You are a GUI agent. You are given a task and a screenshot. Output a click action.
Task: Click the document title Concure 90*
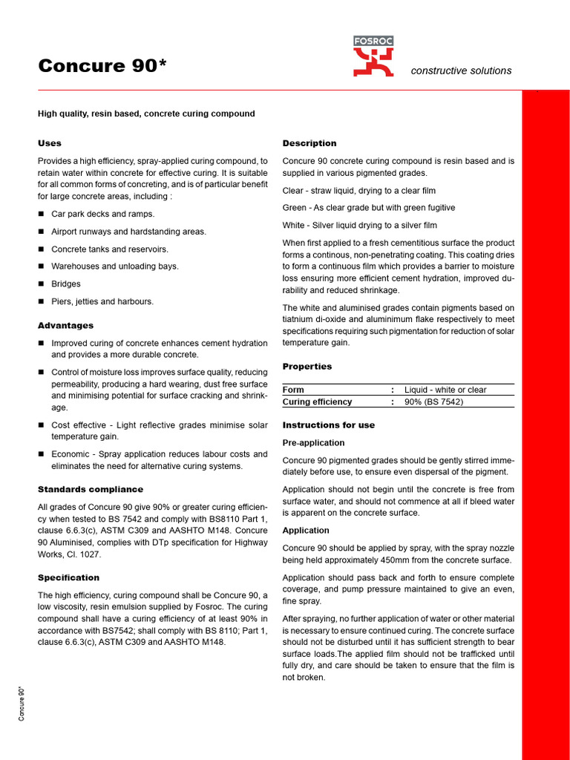(x=102, y=66)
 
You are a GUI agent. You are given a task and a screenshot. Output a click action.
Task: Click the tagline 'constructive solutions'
(x=461, y=71)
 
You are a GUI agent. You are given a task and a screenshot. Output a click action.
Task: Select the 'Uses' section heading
(x=50, y=143)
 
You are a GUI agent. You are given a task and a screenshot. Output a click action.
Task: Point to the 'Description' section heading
(x=309, y=143)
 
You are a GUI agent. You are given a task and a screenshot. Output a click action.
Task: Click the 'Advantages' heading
(x=65, y=326)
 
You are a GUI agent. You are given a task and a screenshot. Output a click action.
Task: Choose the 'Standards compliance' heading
(x=91, y=489)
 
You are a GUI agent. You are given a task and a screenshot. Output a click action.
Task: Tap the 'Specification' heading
(x=68, y=577)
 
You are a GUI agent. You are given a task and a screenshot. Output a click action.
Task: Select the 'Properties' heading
(x=307, y=367)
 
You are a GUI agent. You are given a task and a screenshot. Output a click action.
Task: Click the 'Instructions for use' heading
(x=329, y=425)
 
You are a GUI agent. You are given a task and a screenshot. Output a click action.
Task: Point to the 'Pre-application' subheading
(x=313, y=442)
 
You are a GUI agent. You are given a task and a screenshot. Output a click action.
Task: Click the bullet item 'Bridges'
(x=66, y=284)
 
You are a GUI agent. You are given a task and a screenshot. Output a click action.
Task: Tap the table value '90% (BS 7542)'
(x=433, y=402)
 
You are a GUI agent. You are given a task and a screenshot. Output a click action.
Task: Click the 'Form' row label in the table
(x=293, y=390)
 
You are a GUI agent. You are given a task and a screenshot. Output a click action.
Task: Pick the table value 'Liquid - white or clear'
(x=445, y=390)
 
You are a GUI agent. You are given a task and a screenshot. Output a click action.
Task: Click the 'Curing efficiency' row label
(x=318, y=402)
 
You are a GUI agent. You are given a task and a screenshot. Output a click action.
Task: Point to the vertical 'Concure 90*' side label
(x=22, y=704)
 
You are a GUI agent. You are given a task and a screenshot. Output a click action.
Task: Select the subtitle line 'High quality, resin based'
(x=146, y=114)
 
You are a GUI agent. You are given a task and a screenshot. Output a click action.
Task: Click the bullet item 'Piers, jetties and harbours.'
(x=102, y=301)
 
